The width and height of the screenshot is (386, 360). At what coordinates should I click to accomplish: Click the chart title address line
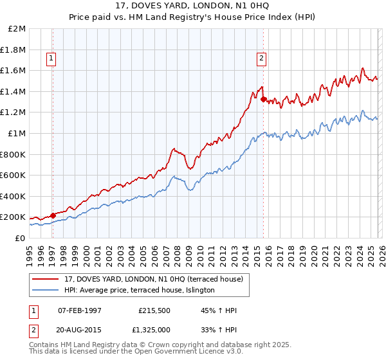point(192,6)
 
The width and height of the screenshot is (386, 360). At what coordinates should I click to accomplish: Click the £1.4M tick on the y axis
point(14,91)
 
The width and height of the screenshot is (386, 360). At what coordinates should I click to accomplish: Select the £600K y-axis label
point(14,175)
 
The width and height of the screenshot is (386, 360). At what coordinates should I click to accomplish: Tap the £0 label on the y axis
point(20,238)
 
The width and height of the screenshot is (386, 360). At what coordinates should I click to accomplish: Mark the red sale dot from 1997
point(53,215)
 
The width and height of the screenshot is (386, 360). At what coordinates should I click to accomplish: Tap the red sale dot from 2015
point(264,99)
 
